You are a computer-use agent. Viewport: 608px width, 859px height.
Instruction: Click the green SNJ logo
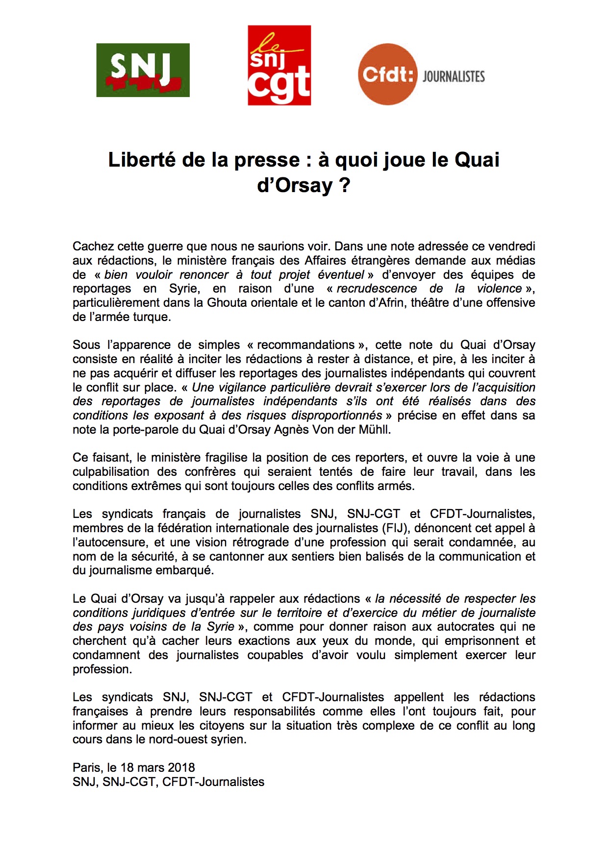143,70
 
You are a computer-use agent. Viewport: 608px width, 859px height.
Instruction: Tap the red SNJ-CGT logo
279,66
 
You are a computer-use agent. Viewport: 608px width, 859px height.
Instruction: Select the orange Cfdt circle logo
387,74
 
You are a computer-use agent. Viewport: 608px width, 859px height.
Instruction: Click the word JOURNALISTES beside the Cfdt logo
454,76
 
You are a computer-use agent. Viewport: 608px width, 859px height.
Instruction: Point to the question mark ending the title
344,186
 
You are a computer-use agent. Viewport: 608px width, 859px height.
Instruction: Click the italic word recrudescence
377,289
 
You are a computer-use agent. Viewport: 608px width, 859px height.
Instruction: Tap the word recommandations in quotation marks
305,345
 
